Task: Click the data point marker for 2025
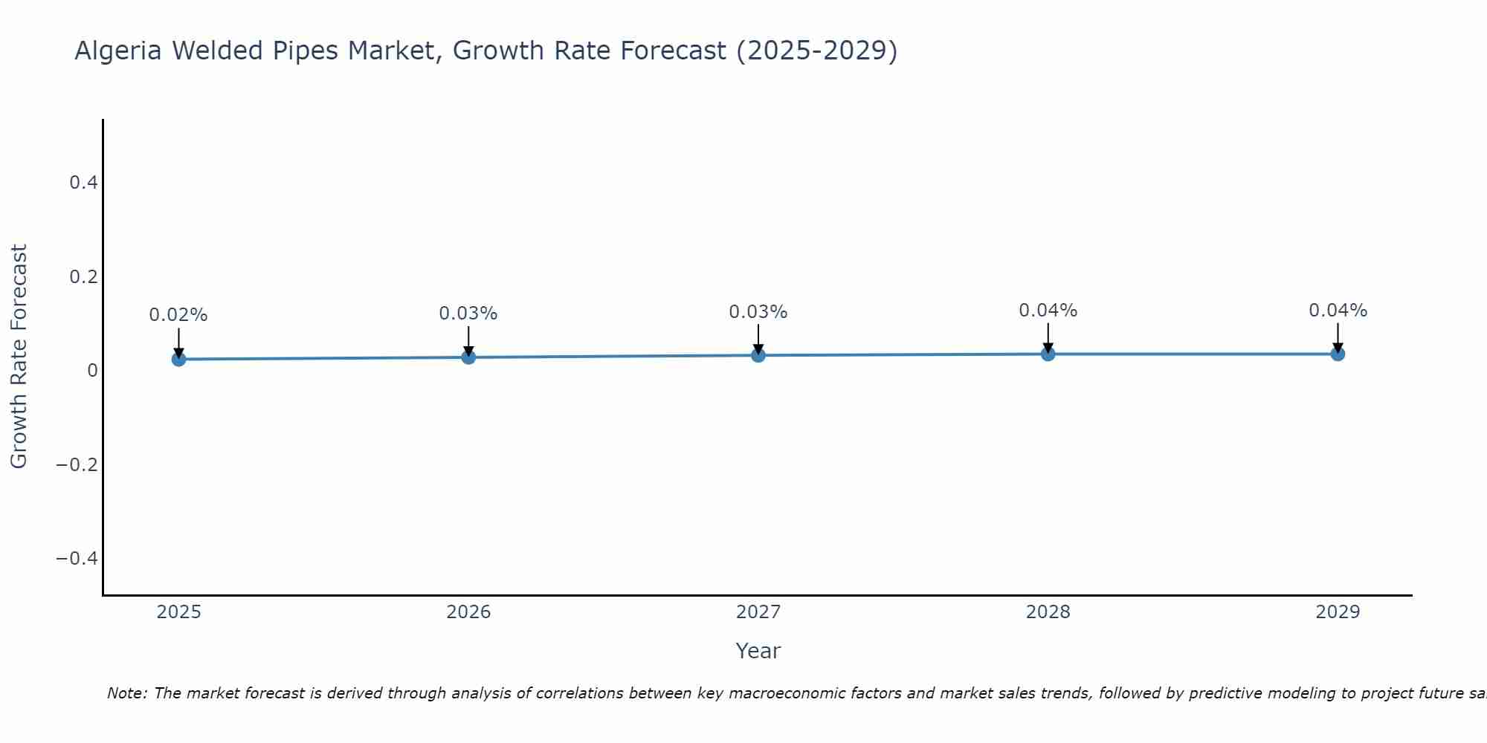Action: (178, 360)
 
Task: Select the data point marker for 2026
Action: (468, 357)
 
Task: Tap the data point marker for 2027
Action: (758, 355)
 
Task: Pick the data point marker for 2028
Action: (1048, 354)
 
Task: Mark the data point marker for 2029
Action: (1338, 354)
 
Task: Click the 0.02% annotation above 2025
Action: (178, 315)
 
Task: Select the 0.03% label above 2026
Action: (468, 314)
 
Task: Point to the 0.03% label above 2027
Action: (758, 312)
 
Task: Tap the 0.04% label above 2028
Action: (1048, 311)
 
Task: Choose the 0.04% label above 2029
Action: (1338, 311)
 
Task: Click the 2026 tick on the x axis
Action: (468, 612)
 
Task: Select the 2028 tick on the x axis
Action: (1048, 612)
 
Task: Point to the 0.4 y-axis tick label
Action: (83, 183)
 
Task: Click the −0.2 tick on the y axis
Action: (77, 465)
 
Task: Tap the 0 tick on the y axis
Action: (92, 371)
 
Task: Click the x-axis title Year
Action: (758, 652)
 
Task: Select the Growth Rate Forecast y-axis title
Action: (19, 357)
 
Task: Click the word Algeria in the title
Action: (118, 51)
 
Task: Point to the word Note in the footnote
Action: (127, 694)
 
